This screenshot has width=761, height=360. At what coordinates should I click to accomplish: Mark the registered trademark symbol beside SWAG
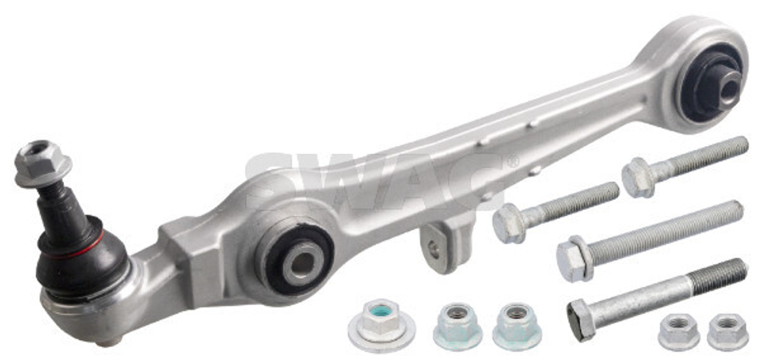coord(513,162)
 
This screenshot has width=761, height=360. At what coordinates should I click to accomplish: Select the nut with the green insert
coord(380,323)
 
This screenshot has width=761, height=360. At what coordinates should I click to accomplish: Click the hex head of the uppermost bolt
coord(638,177)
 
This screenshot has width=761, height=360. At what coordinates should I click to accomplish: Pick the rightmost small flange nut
coord(728,331)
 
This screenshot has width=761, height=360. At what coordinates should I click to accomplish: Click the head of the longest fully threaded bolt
coord(575,259)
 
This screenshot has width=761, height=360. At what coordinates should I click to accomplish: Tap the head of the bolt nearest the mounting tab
coord(508,223)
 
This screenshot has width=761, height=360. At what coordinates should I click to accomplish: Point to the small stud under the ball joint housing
coord(111,340)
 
